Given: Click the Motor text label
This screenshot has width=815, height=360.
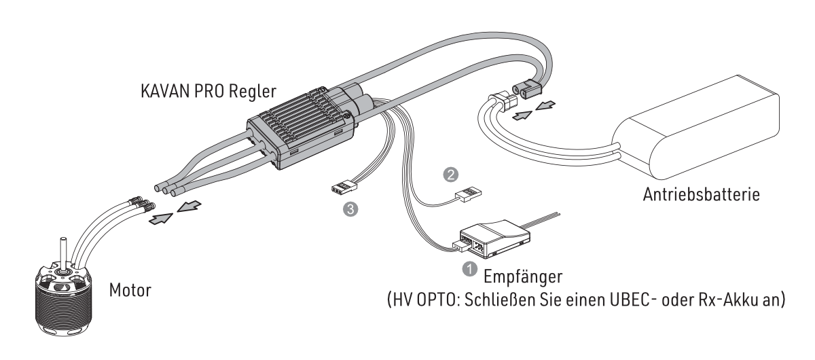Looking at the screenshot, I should click(x=130, y=290).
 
